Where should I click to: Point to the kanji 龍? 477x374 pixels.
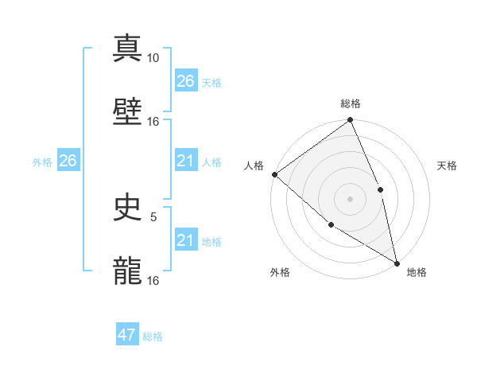point(127,271)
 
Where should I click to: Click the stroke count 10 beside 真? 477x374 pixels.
point(153,58)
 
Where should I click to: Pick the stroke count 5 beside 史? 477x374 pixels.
point(153,216)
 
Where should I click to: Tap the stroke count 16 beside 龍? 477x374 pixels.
point(153,280)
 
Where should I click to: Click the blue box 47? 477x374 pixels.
point(127,335)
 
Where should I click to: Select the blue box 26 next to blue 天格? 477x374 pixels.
point(185,80)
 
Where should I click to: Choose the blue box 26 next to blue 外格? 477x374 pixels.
point(68,161)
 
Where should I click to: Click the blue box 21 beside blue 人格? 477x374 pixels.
point(185,161)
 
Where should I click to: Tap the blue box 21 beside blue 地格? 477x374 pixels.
point(185,240)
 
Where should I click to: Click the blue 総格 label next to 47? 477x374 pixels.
point(153,337)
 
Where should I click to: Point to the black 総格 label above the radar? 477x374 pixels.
point(351,103)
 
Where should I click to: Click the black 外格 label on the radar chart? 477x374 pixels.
point(280,272)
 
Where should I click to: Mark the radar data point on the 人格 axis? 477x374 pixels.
point(274,174)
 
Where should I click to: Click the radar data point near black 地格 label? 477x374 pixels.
point(397,262)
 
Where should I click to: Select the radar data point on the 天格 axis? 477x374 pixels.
point(381,189)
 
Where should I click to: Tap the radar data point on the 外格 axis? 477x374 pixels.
point(331,225)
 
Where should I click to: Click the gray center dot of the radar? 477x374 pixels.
point(350,199)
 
